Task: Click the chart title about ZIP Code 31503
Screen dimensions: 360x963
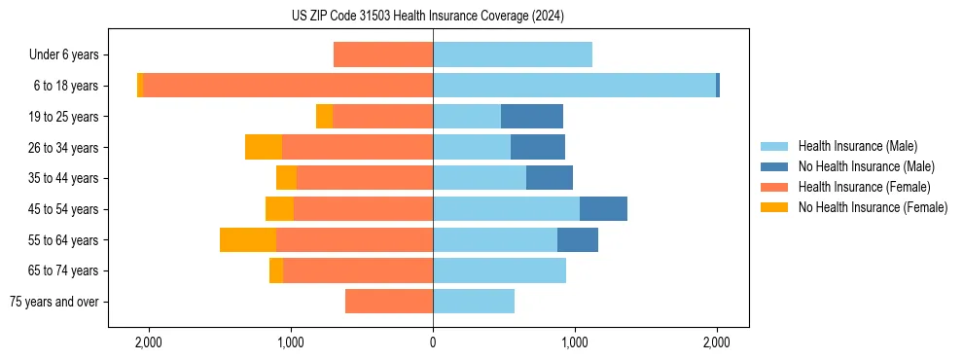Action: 427,17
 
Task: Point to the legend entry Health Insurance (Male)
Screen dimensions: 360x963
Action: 857,146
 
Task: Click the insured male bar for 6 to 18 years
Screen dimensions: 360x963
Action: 574,86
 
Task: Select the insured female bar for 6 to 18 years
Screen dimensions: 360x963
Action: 288,86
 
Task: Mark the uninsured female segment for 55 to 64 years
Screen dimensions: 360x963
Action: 248,240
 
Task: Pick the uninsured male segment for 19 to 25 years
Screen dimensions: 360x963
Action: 532,117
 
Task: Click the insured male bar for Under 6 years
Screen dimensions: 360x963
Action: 513,55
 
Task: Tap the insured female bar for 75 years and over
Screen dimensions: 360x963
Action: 389,302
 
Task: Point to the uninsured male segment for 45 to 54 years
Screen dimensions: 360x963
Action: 603,209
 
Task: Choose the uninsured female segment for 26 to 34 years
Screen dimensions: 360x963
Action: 264,147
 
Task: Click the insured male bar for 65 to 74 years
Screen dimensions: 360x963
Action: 499,270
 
